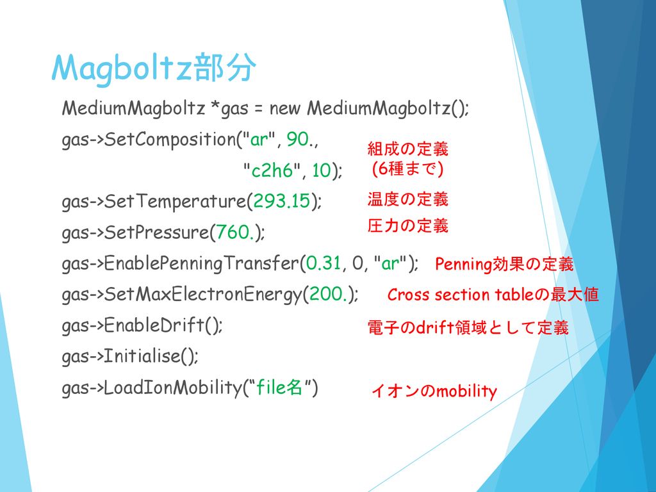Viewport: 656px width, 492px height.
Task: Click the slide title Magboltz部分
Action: [154, 68]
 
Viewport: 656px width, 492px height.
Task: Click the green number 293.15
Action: [282, 201]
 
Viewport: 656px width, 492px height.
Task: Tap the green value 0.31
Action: [324, 263]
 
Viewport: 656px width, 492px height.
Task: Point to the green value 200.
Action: [328, 293]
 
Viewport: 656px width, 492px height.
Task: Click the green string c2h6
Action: [272, 170]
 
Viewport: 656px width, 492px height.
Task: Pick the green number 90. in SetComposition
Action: [299, 139]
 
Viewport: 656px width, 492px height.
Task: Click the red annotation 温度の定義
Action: [408, 199]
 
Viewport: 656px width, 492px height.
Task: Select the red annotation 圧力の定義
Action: [408, 225]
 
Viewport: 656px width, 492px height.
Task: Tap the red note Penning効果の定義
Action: [504, 264]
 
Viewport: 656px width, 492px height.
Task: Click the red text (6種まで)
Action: [408, 168]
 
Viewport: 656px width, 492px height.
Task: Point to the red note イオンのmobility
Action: [434, 391]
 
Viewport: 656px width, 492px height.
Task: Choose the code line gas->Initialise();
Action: [129, 356]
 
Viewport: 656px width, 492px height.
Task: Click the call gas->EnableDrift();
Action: [142, 325]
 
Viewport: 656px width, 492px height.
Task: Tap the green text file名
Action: [279, 387]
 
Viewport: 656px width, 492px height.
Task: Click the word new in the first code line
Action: [285, 109]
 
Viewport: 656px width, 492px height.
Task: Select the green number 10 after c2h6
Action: [322, 170]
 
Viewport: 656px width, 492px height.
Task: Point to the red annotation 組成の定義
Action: [408, 149]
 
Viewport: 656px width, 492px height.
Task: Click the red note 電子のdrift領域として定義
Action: [468, 327]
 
